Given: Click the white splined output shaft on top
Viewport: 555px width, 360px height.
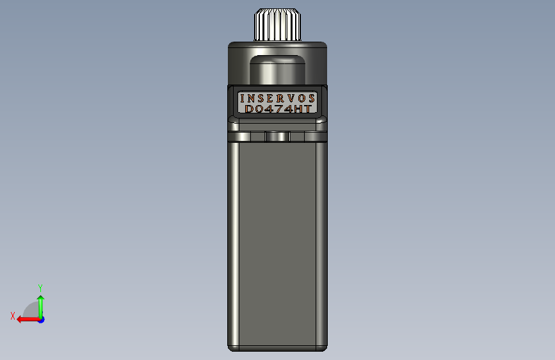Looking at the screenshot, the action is pyautogui.click(x=278, y=24).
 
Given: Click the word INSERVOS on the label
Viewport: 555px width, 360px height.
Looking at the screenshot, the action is pyautogui.click(x=278, y=98).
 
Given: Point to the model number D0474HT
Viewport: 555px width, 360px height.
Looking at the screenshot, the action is pyautogui.click(x=278, y=109).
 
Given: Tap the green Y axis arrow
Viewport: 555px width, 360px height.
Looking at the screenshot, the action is pyautogui.click(x=41, y=307).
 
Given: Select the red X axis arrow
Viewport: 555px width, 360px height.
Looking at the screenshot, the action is pyautogui.click(x=29, y=320).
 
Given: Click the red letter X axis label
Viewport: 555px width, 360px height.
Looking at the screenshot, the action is pyautogui.click(x=13, y=316).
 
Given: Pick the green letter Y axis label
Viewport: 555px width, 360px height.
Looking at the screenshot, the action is pyautogui.click(x=40, y=288).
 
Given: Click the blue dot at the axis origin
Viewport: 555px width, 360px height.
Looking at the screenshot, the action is pyautogui.click(x=42, y=320).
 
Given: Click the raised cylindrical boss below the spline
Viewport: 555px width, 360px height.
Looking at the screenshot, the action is pyautogui.click(x=278, y=70).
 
